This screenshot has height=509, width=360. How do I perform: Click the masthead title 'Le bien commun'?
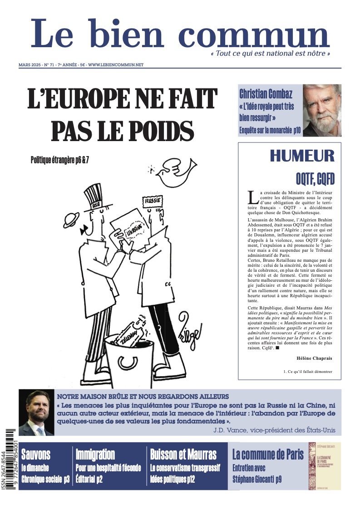pos(180,34)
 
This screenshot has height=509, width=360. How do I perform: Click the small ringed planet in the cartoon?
pos(71,220)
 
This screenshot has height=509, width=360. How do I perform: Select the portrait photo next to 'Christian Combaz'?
pos(322,110)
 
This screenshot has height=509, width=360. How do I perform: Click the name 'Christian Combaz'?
pos(266,94)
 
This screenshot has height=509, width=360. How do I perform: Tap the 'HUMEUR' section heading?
pos(302,156)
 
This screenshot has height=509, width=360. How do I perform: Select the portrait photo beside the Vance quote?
pos(36,413)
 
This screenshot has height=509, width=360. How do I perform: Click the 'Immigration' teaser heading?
pos(95,454)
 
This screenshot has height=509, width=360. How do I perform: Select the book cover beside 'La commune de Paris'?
pos(324,466)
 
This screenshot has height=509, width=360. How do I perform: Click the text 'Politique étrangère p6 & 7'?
pos(59,160)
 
